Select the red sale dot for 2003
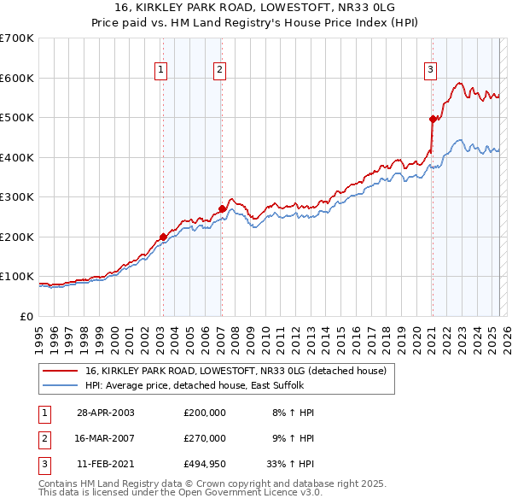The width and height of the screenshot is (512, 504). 162,237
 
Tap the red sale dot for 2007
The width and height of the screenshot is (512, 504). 222,208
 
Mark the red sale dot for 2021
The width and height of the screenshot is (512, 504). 433,120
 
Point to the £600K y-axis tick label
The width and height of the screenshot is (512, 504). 17,78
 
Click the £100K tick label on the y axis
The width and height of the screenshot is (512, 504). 17,277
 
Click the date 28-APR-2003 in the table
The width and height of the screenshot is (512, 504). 106,412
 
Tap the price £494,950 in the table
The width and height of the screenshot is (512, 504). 204,465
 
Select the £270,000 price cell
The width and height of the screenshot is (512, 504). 204,438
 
